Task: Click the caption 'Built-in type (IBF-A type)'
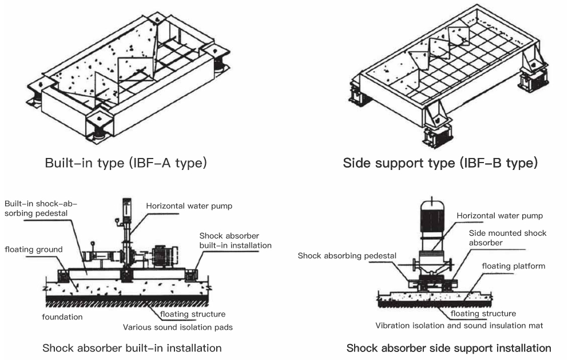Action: click(126, 163)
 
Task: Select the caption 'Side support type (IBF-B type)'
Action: click(440, 163)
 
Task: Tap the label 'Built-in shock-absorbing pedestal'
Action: click(40, 209)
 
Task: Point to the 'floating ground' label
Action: click(34, 249)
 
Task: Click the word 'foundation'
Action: click(62, 317)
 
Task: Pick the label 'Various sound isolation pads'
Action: click(178, 328)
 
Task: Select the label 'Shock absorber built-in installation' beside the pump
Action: click(235, 240)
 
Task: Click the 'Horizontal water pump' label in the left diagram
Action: click(189, 206)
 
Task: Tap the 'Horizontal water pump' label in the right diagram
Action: click(499, 216)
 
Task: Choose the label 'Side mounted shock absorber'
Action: click(507, 238)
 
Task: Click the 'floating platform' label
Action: click(513, 266)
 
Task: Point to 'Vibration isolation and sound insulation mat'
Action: click(459, 325)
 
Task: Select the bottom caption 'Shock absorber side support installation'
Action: click(448, 348)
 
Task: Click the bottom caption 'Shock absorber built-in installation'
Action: click(132, 348)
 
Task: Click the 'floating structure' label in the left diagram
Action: click(193, 314)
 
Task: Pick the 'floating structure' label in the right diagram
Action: click(483, 314)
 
